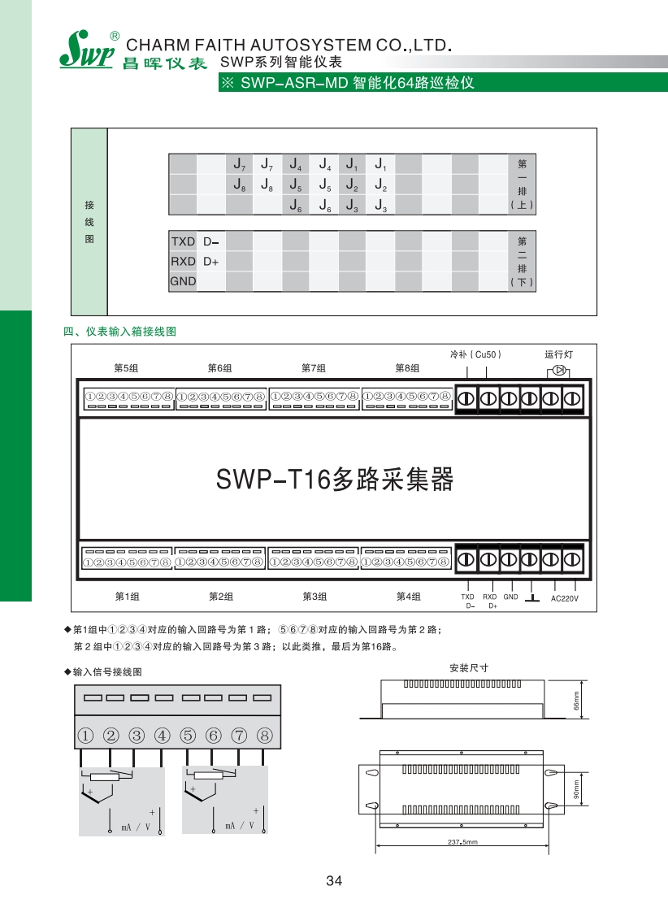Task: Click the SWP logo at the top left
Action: pyautogui.click(x=84, y=50)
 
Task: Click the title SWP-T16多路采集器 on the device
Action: pyautogui.click(x=333, y=480)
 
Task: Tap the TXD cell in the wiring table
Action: pyautogui.click(x=183, y=241)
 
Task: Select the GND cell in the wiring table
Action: pyautogui.click(x=183, y=281)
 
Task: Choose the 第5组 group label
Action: pyautogui.click(x=126, y=368)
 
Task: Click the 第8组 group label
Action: pyautogui.click(x=407, y=368)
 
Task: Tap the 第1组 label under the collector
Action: pyautogui.click(x=127, y=597)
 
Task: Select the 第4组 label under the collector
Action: pyautogui.click(x=408, y=597)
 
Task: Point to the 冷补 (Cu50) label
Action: pyautogui.click(x=476, y=354)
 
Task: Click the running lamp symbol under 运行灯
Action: pyautogui.click(x=560, y=371)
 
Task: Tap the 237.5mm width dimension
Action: pyautogui.click(x=461, y=842)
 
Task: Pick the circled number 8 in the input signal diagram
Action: pyautogui.click(x=264, y=736)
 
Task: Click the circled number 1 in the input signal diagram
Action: pyautogui.click(x=85, y=736)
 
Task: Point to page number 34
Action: pyautogui.click(x=333, y=880)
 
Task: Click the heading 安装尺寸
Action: pyautogui.click(x=468, y=667)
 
